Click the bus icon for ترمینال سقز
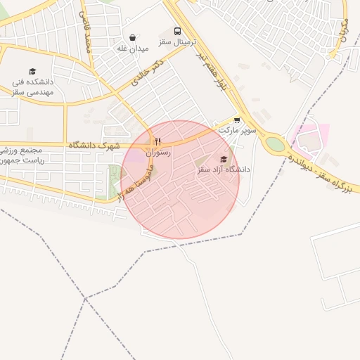177,32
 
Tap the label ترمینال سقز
174,42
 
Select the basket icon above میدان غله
133,38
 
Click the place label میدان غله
132,48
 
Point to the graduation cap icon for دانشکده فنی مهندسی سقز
32,71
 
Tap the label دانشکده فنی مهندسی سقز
32,86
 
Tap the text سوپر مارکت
238,130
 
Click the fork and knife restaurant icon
158,141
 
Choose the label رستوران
158,152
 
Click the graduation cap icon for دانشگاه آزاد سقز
224,159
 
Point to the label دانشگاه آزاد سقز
224,169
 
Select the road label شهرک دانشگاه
94,145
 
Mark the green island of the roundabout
275,144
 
